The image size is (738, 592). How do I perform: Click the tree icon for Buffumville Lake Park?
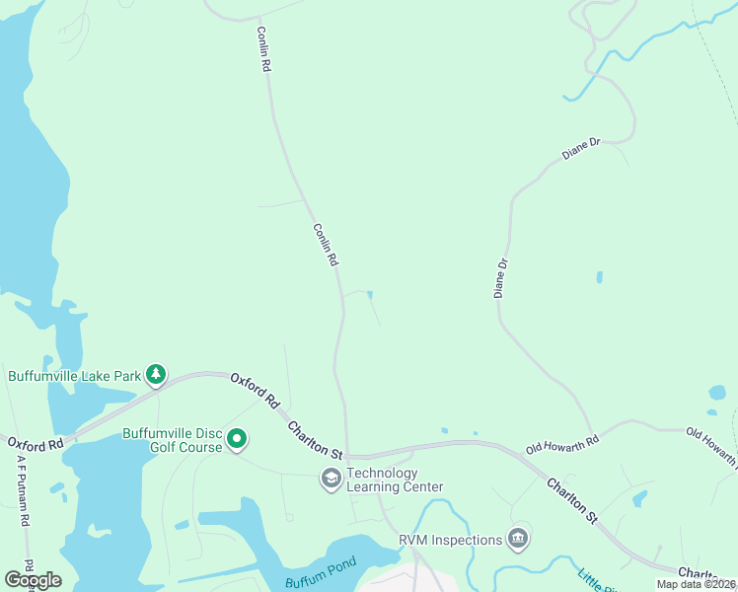(x=155, y=374)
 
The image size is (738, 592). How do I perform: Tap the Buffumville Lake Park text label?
(x=74, y=375)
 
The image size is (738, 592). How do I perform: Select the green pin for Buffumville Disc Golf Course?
(x=237, y=439)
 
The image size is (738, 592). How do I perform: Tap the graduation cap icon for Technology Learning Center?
(x=331, y=480)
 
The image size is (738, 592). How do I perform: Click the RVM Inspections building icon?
(x=517, y=539)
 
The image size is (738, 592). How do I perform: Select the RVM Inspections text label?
(x=451, y=540)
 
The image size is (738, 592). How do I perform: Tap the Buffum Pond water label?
(x=313, y=582)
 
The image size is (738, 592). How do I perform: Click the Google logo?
(x=33, y=580)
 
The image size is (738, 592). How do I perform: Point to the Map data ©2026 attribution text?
(x=696, y=584)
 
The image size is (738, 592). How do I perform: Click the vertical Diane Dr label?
(x=501, y=278)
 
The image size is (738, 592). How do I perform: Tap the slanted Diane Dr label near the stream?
(x=581, y=150)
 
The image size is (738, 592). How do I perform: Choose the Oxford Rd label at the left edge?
(x=35, y=444)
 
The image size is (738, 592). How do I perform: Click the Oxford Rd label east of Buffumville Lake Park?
(x=256, y=392)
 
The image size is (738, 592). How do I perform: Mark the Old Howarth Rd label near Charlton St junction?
(x=562, y=445)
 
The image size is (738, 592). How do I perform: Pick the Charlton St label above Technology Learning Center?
(x=315, y=440)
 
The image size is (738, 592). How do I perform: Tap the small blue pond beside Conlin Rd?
(x=370, y=294)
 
